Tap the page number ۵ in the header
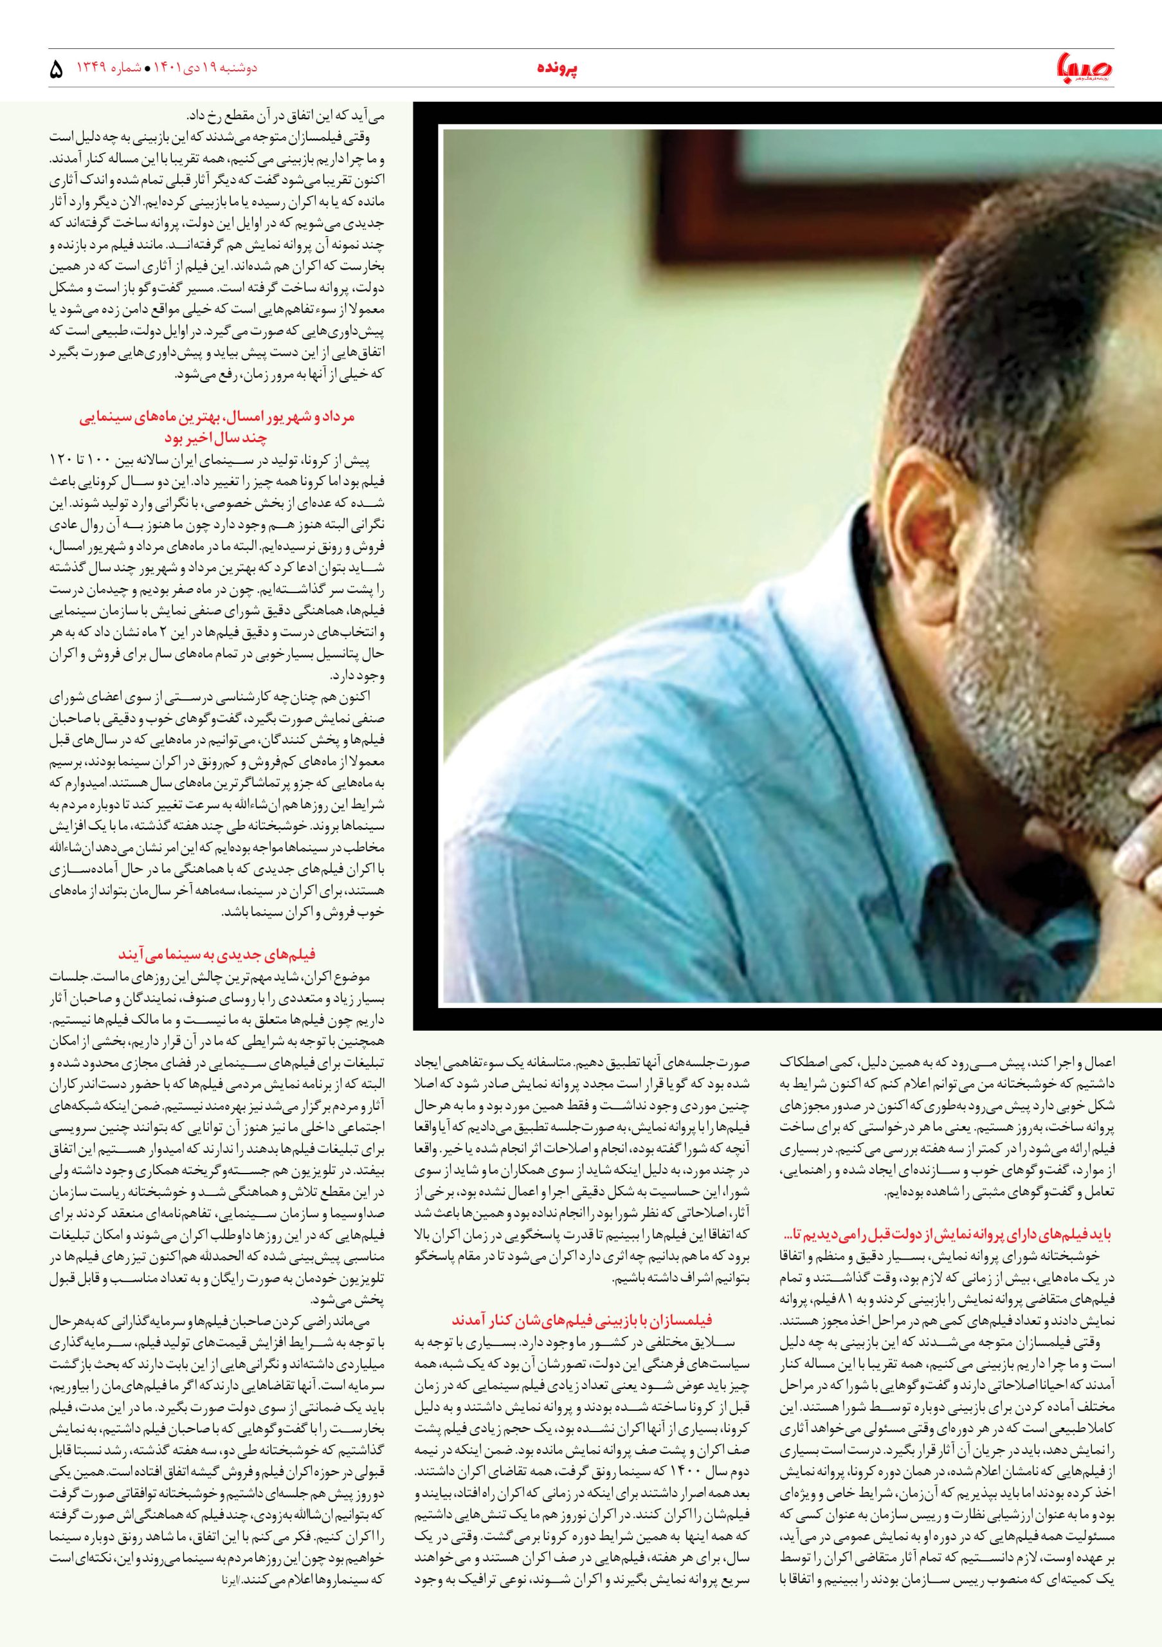(x=57, y=70)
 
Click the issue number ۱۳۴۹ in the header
(x=92, y=68)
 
